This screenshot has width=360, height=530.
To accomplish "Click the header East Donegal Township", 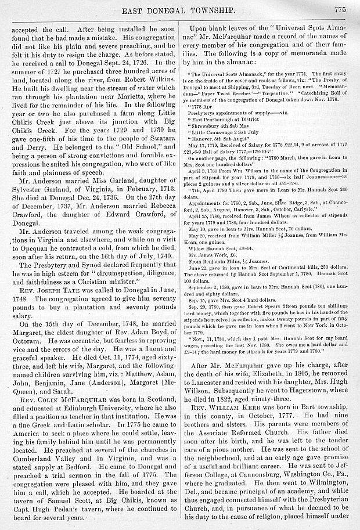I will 178,8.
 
